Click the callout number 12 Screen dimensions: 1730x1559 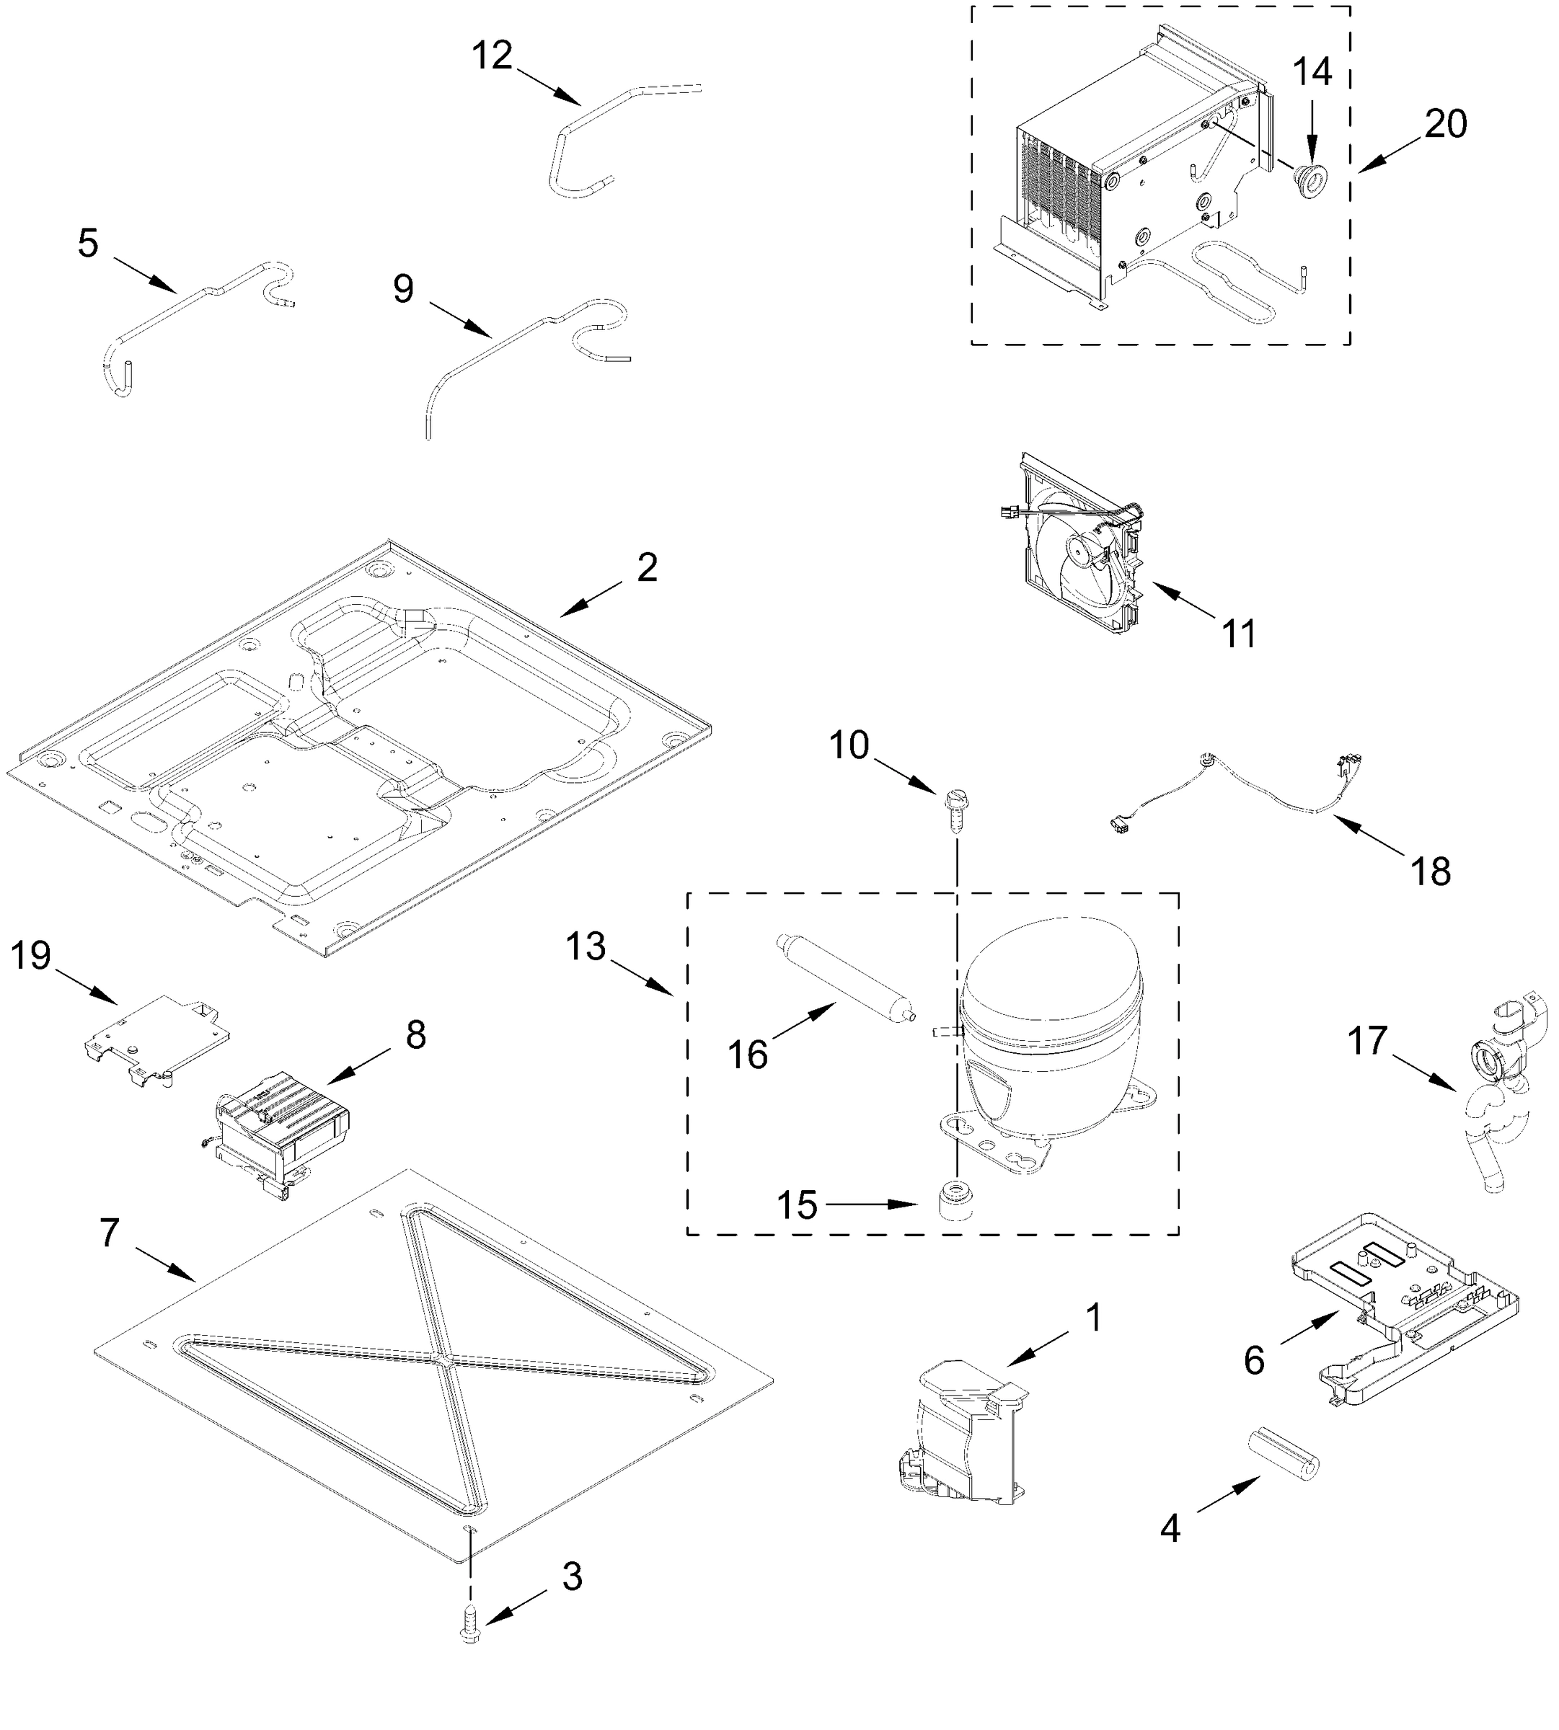coord(492,56)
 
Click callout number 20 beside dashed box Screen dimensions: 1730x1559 coord(1445,125)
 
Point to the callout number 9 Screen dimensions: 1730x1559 coord(404,290)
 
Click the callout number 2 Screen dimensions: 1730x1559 coord(647,568)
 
